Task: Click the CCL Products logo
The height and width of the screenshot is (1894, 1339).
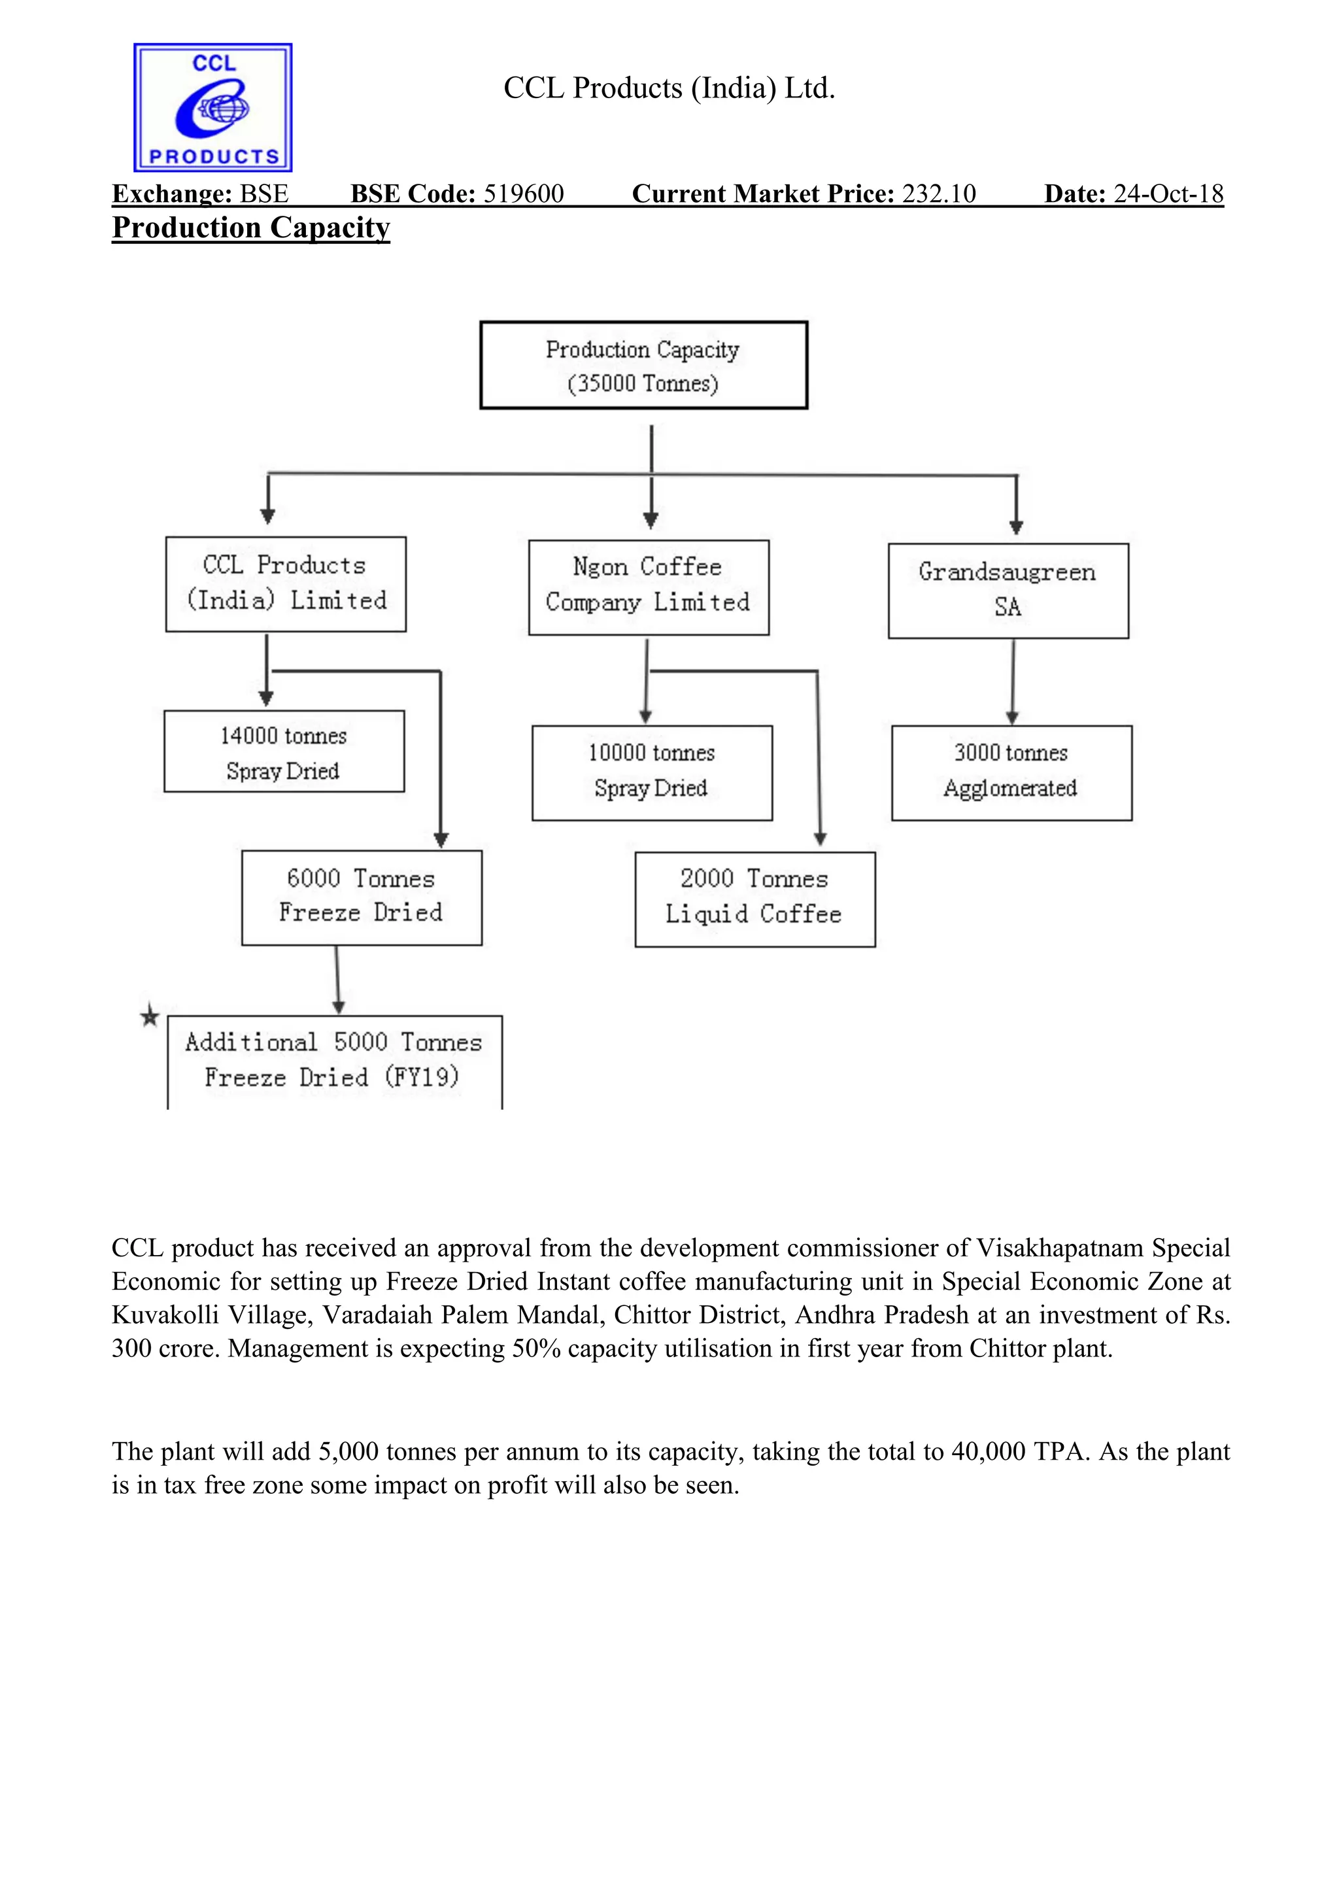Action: pyautogui.click(x=212, y=107)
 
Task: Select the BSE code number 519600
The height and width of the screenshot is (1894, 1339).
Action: pyautogui.click(x=524, y=194)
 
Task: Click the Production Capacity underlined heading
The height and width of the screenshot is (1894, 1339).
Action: pyautogui.click(x=250, y=228)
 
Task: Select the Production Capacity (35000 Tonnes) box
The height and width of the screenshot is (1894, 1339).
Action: pyautogui.click(x=643, y=366)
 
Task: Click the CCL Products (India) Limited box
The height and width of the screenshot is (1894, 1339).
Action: pyautogui.click(x=286, y=584)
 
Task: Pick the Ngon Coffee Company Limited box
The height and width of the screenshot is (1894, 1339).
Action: pyautogui.click(x=648, y=587)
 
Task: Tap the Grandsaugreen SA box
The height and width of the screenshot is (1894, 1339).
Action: pyautogui.click(x=1008, y=590)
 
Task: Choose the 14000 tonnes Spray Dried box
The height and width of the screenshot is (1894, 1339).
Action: pyautogui.click(x=284, y=751)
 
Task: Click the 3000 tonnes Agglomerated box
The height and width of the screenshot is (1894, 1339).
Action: pyautogui.click(x=1011, y=772)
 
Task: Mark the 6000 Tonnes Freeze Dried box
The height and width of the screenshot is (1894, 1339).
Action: pyautogui.click(x=361, y=897)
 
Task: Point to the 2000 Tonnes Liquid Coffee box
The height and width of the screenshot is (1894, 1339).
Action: pyautogui.click(x=754, y=899)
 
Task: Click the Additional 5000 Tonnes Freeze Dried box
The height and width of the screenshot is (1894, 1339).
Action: pyautogui.click(x=334, y=1061)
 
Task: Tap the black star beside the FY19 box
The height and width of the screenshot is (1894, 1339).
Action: pyautogui.click(x=149, y=1016)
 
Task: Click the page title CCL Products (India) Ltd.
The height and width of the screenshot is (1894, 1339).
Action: pyautogui.click(x=669, y=88)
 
